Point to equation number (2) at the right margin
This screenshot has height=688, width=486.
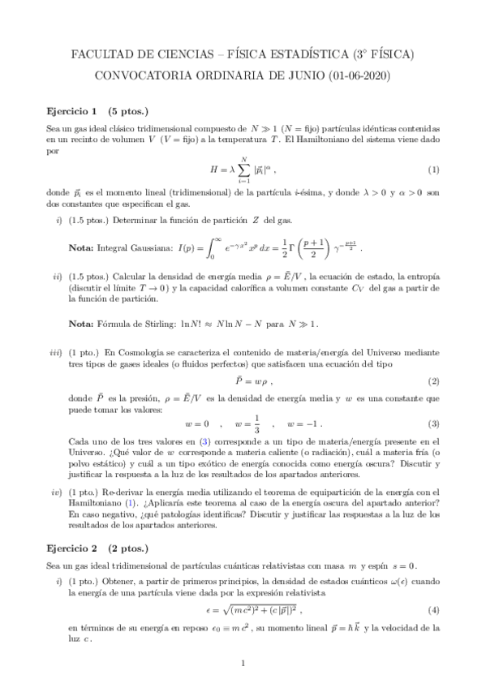pos(433,381)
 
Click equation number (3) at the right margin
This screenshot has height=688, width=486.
pos(433,424)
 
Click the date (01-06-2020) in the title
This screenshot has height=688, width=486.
pos(359,76)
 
